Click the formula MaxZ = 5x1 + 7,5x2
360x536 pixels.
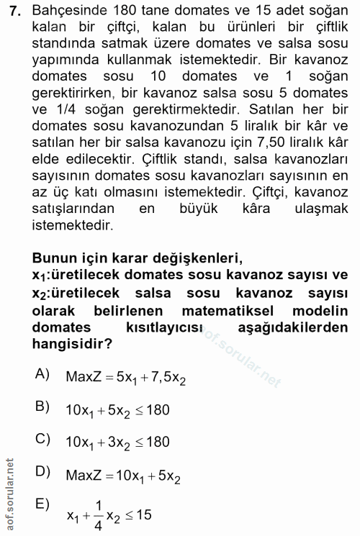click(125, 376)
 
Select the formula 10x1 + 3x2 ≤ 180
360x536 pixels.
click(117, 441)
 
